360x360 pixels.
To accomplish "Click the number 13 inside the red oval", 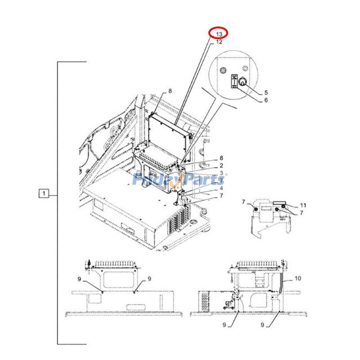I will pos(219,34).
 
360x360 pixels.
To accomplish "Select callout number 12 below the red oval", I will pos(219,42).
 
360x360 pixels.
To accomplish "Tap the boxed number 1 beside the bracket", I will pos(43,194).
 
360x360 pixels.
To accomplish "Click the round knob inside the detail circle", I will pos(241,82).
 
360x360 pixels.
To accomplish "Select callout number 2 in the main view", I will pos(221,166).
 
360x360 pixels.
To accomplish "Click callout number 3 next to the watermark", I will pos(221,173).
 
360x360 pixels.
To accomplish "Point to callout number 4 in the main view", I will pos(221,188).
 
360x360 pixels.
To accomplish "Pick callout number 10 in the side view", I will pos(297,279).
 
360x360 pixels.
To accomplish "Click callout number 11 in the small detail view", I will pos(303,205).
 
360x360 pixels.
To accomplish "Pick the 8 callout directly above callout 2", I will pos(221,158).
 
